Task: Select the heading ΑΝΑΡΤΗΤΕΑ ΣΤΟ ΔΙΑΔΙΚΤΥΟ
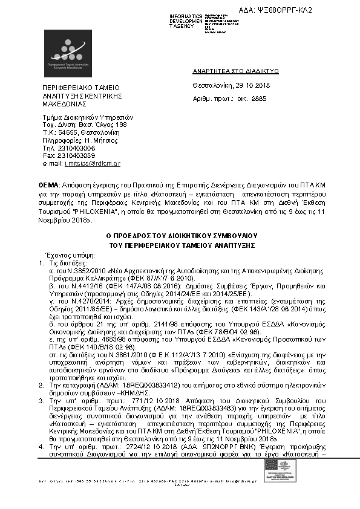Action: point(235,71)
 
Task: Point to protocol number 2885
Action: point(258,98)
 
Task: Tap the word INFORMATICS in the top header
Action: point(186,15)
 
